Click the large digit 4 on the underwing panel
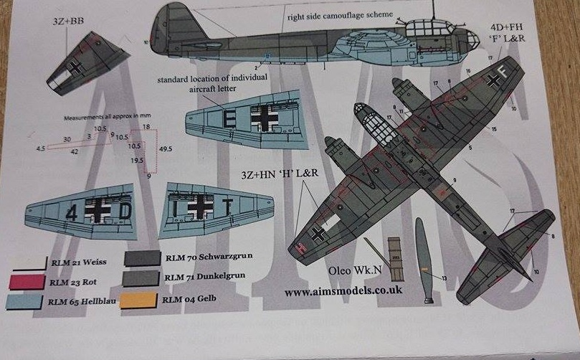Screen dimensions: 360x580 [72, 212]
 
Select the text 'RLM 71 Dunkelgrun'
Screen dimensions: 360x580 [203, 277]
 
